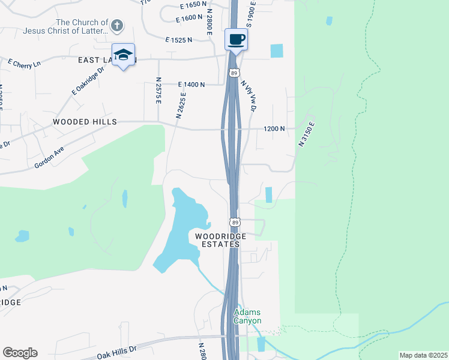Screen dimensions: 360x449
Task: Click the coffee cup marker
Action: [x=236, y=40]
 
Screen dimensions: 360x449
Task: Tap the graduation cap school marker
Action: [x=123, y=54]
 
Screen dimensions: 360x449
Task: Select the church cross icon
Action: [x=117, y=26]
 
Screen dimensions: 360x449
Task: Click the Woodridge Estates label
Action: [x=217, y=240]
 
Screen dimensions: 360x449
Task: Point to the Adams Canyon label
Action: [x=247, y=316]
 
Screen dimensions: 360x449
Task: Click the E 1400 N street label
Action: [x=191, y=85]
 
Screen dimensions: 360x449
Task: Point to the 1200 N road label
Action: [x=274, y=128]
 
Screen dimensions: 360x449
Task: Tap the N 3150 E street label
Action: [x=306, y=134]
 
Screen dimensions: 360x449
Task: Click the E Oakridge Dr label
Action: [x=88, y=80]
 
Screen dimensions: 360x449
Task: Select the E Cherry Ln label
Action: [x=24, y=62]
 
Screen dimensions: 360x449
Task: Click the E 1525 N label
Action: [x=179, y=40]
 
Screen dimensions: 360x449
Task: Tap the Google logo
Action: [x=20, y=353]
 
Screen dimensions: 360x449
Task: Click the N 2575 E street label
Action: [x=158, y=91]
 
